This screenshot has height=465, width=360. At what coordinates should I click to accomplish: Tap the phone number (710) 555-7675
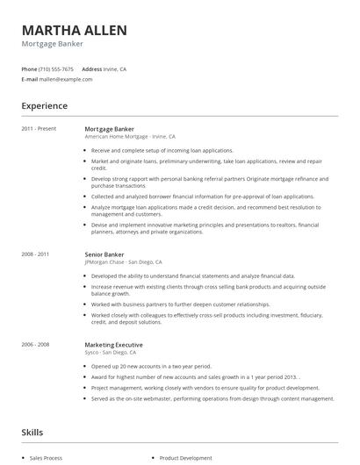(x=56, y=68)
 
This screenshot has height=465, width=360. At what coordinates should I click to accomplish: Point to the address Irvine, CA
(x=115, y=68)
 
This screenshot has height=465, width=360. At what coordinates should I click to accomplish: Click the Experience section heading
(x=44, y=106)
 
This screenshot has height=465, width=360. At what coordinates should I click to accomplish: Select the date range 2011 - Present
(x=40, y=129)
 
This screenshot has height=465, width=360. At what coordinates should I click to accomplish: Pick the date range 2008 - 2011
(x=37, y=254)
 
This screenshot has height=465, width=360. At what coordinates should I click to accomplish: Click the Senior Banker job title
(x=104, y=254)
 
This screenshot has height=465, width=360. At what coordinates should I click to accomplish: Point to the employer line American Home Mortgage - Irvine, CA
(x=130, y=137)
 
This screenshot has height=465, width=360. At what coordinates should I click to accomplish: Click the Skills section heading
(x=33, y=433)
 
